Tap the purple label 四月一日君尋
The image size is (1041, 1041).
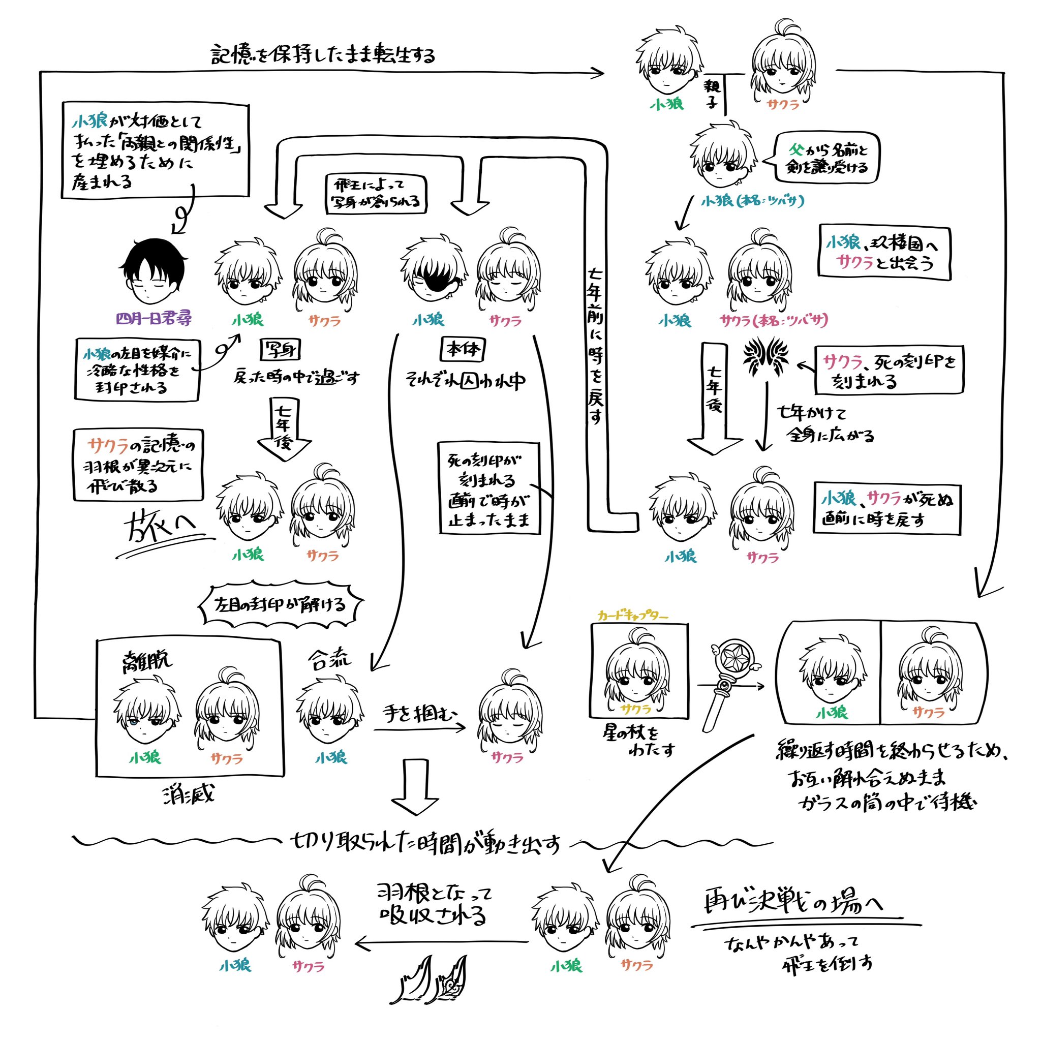click(154, 318)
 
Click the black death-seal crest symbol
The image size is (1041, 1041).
click(766, 358)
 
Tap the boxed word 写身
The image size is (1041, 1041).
click(280, 350)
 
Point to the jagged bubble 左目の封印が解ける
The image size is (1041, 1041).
click(281, 604)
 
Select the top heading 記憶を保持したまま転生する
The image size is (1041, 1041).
click(323, 54)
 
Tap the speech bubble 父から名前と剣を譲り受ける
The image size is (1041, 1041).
click(826, 158)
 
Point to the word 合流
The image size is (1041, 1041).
click(329, 660)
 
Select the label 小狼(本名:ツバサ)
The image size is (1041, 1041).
click(753, 201)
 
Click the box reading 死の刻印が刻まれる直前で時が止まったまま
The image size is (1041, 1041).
click(488, 488)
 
